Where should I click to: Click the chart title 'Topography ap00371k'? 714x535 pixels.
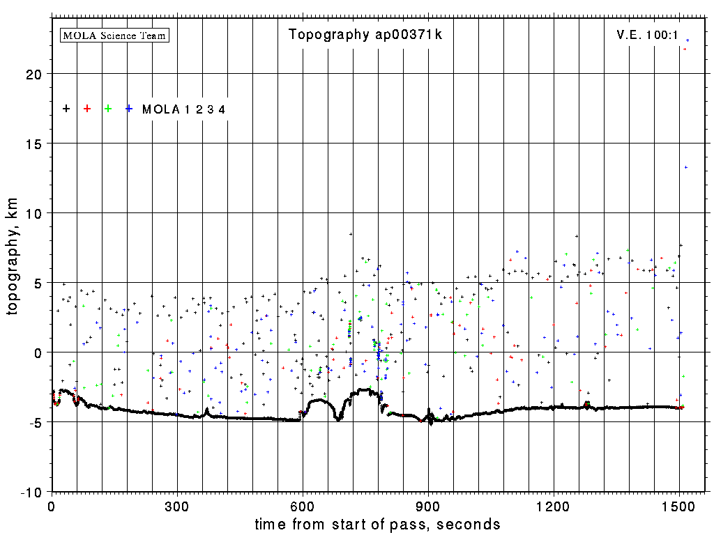click(x=365, y=35)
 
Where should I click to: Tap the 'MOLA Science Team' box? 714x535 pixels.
click(x=115, y=35)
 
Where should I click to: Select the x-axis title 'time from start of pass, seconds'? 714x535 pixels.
click(x=377, y=524)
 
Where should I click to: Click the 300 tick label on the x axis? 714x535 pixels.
click(x=177, y=505)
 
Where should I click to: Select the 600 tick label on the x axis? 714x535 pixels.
click(x=303, y=505)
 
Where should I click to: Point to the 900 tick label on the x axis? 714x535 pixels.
click(x=428, y=505)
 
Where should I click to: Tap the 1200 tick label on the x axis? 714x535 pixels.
click(x=554, y=505)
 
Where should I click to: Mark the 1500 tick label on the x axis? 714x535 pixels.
click(x=679, y=505)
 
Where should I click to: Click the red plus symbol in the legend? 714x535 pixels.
click(x=87, y=109)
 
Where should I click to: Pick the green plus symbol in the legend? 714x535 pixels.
click(x=108, y=109)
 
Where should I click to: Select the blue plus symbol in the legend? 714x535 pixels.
click(x=129, y=109)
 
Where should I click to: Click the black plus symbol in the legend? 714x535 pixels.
click(x=66, y=109)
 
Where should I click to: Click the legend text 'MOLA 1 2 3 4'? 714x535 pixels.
click(x=183, y=109)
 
